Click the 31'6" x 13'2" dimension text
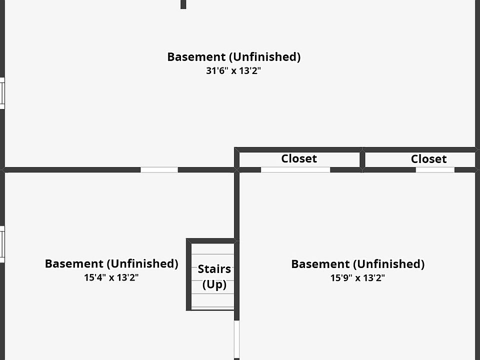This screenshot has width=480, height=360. click(233, 70)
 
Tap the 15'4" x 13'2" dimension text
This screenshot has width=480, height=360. click(111, 277)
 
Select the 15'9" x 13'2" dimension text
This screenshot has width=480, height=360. click(357, 277)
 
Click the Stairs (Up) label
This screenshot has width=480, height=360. click(214, 276)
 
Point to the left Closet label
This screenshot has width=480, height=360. click(299, 158)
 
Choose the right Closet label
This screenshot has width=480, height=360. click(428, 159)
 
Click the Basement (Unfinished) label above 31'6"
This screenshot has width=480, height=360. click(233, 57)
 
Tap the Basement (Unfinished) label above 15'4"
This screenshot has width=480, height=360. click(111, 263)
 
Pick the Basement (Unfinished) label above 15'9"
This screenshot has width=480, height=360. click(357, 264)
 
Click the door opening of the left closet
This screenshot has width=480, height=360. click(295, 170)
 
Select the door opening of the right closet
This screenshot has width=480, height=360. click(435, 170)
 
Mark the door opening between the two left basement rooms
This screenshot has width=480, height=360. click(159, 170)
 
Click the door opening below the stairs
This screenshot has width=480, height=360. click(236, 339)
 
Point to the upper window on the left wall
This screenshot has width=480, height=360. click(2, 93)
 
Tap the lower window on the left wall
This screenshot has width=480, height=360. click(2, 244)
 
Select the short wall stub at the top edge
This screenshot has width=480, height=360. click(183, 4)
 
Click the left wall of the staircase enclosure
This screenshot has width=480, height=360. click(189, 274)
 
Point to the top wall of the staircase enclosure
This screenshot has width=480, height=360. click(211, 241)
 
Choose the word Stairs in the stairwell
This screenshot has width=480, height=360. click(214, 269)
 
